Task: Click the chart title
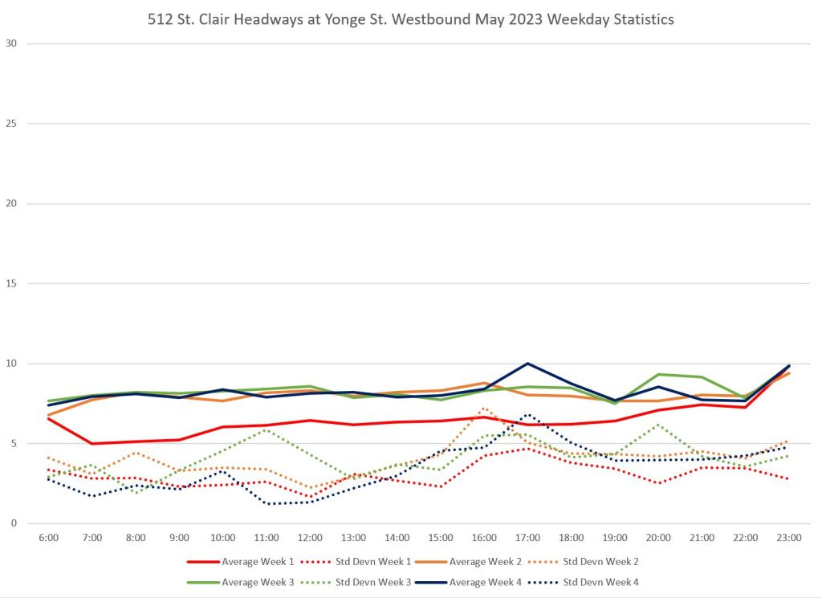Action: [411, 19]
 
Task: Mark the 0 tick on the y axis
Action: [13, 523]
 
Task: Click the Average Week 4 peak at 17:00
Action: [527, 364]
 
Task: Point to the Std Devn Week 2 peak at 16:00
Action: [483, 408]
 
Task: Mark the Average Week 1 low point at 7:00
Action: [92, 443]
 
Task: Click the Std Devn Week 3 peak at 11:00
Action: [266, 429]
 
